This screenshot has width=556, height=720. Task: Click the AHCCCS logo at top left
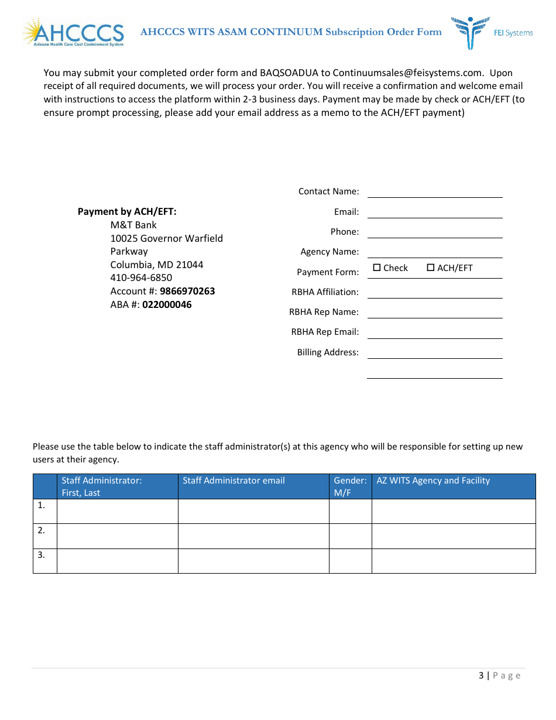click(74, 33)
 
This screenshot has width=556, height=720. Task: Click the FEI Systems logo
click(492, 32)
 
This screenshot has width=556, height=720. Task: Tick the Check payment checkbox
click(377, 268)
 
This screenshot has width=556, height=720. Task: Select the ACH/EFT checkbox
click(431, 268)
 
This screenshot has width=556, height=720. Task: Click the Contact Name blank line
click(434, 191)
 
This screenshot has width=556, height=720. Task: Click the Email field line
click(434, 212)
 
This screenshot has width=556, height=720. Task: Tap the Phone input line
click(434, 232)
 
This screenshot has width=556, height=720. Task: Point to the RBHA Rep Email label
click(325, 332)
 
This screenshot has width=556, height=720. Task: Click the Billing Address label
click(328, 352)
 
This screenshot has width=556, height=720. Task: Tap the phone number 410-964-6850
click(141, 277)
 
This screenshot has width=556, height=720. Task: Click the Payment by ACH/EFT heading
click(127, 212)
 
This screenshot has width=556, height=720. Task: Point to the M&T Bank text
click(133, 225)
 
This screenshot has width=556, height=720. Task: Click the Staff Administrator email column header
click(234, 481)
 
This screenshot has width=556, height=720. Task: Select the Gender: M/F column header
click(350, 486)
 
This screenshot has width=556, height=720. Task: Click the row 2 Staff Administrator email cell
click(253, 536)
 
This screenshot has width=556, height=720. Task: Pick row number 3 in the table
click(42, 554)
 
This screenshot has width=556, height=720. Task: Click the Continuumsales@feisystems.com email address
click(408, 73)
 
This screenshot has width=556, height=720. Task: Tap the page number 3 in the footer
click(481, 676)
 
